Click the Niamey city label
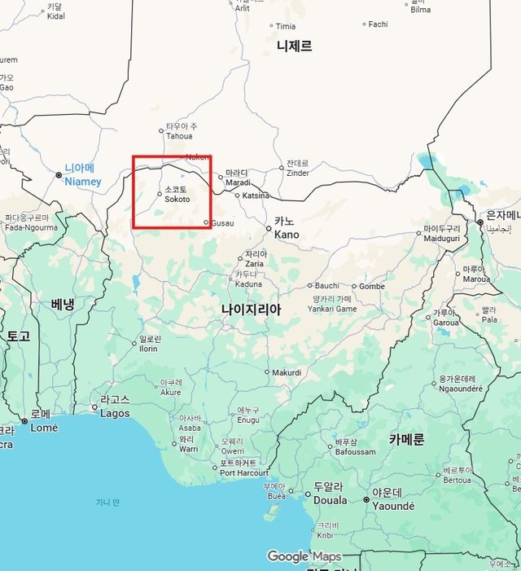[x=82, y=182]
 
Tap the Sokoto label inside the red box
[x=177, y=199]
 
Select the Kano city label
[x=287, y=235]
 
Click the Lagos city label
[x=115, y=413]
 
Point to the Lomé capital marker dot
[x=25, y=420]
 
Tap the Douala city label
[x=331, y=500]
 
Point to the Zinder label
[x=298, y=173]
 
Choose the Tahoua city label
[x=180, y=136]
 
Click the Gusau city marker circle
[x=206, y=222]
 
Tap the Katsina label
[x=256, y=195]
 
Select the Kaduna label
[x=248, y=284]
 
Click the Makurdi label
[x=287, y=372]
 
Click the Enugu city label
[x=248, y=419]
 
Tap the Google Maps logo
[x=304, y=556]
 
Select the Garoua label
[x=445, y=322]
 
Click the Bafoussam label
[x=356, y=451]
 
